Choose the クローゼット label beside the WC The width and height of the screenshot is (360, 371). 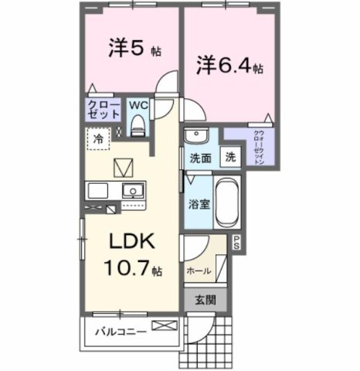pos(102,108)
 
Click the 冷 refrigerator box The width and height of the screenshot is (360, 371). pos(98,139)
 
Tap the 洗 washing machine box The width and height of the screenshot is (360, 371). pos(230,156)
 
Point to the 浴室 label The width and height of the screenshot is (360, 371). pos(199,204)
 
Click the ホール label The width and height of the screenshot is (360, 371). pos(199,271)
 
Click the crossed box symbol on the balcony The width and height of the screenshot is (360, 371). pos(164,327)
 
